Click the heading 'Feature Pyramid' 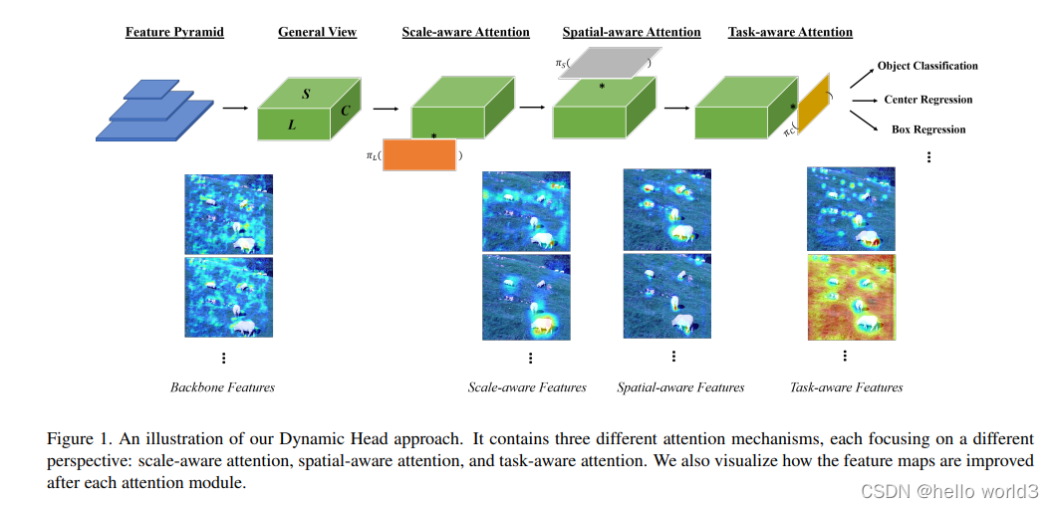[174, 32]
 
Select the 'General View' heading [317, 32]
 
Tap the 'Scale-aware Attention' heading [465, 32]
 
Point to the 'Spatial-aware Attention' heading [632, 32]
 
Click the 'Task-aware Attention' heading [790, 32]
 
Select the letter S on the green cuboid [306, 94]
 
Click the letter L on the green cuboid [292, 126]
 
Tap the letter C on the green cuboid [345, 111]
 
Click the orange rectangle [419, 154]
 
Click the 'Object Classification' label [927, 66]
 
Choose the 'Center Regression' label [927, 100]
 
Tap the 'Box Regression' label [928, 129]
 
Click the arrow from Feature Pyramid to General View [236, 109]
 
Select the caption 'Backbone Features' [222, 386]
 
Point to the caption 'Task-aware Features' [846, 386]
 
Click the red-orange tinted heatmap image [851, 297]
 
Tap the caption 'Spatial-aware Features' [680, 386]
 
